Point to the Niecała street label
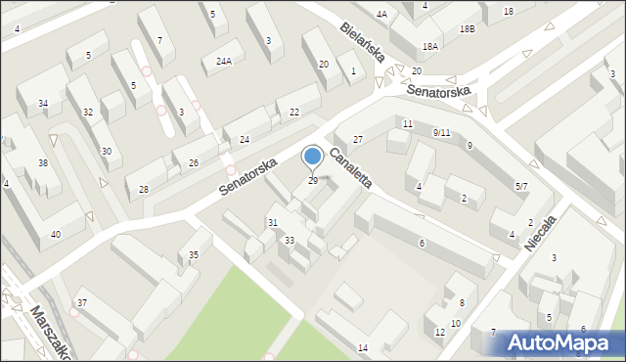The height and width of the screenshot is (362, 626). tap(541, 233)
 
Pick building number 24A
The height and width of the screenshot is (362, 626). tap(224, 61)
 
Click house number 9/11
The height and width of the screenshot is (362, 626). tap(441, 132)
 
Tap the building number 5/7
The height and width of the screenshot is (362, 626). tap(521, 186)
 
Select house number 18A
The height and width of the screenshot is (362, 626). tap(429, 46)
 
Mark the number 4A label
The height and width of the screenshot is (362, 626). tap(381, 15)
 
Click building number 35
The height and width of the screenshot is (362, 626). tap(194, 255)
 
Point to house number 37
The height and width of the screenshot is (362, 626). tap(82, 303)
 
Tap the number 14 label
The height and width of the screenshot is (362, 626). tap(363, 348)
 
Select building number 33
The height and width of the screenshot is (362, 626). tap(290, 240)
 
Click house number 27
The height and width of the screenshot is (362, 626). tap(358, 140)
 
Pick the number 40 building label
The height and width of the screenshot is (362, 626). tap(55, 234)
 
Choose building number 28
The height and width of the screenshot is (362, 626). tap(144, 189)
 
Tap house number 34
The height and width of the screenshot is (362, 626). tap(43, 103)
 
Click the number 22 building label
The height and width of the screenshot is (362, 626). tap(294, 113)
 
